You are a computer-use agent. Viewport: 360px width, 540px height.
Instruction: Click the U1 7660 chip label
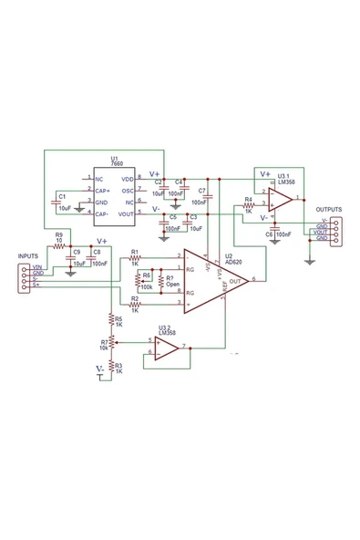click(x=115, y=161)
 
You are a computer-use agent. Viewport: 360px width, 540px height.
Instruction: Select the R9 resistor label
click(x=58, y=235)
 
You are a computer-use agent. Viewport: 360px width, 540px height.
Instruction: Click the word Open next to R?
click(x=174, y=285)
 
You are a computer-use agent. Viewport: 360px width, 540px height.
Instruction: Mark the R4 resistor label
click(x=248, y=199)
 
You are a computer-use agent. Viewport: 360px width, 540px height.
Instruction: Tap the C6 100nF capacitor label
click(x=280, y=234)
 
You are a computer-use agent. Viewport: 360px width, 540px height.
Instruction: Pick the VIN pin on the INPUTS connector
click(x=37, y=266)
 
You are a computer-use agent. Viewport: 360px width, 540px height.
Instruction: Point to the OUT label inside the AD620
click(x=235, y=282)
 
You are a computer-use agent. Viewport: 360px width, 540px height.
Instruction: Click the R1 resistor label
click(x=135, y=251)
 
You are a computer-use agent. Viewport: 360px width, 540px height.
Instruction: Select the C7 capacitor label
click(x=201, y=191)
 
